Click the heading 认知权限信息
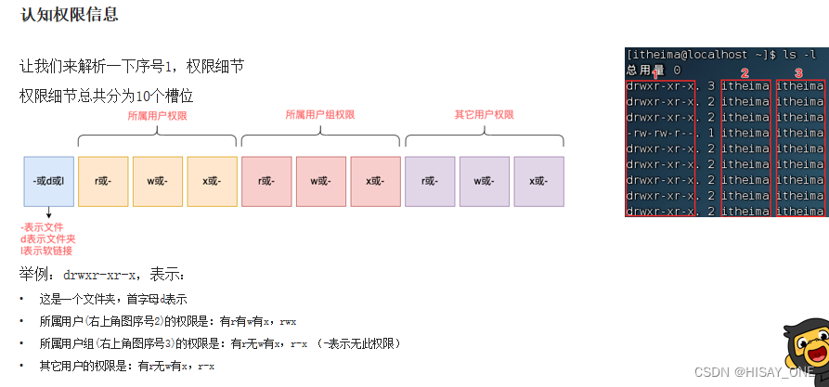[70, 16]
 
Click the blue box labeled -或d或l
[47, 180]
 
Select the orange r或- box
[103, 180]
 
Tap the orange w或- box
[158, 180]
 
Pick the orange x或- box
[212, 180]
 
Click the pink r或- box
[266, 180]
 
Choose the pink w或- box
[321, 180]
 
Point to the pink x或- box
[375, 180]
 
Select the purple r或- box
[430, 180]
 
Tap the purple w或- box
[485, 180]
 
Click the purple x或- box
[538, 180]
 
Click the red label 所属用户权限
[157, 115]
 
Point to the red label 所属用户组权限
[319, 114]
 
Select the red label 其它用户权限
[484, 114]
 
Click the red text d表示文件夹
[48, 239]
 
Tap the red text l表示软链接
[45, 251]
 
